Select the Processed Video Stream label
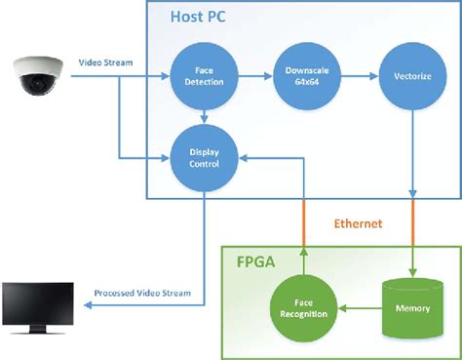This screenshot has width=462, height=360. tap(142, 293)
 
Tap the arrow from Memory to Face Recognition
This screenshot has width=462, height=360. tap(357, 311)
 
